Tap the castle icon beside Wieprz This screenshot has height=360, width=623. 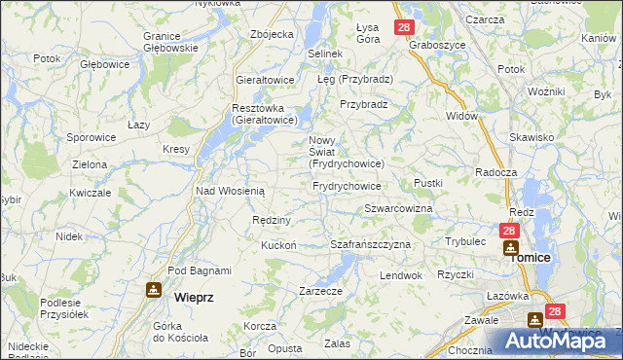154,290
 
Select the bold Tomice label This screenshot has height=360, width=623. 527,257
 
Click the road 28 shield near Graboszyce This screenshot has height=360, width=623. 404,27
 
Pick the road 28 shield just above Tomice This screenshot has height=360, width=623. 509,232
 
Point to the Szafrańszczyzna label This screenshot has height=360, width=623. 371,244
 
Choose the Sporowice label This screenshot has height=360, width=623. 92,138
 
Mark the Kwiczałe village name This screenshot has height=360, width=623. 90,193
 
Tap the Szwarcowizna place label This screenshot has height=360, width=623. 398,209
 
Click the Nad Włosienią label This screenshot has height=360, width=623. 231,192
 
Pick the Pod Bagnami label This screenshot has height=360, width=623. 200,270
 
